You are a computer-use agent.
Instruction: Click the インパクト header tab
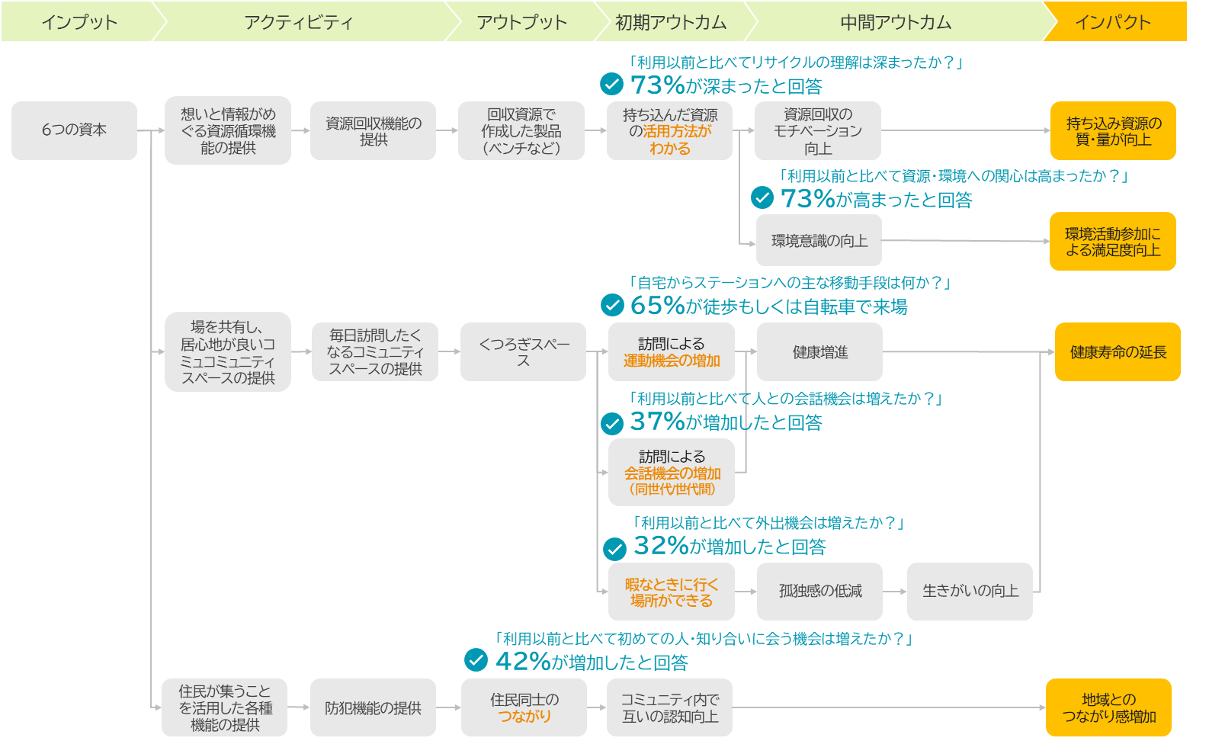tap(1115, 21)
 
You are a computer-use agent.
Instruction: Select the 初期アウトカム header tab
tap(671, 21)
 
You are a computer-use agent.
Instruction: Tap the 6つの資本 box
tap(74, 130)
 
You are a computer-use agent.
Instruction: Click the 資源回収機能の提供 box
tap(373, 130)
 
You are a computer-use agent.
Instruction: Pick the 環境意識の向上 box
tap(819, 240)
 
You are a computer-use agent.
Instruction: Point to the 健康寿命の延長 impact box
tap(1118, 352)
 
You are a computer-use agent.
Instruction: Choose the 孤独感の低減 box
tap(820, 592)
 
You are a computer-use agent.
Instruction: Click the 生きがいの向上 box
tap(970, 592)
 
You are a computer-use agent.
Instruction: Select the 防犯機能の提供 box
tap(373, 707)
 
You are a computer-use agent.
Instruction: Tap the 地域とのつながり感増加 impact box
tap(1108, 707)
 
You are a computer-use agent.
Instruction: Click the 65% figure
tap(658, 306)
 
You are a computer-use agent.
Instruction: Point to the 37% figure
tap(658, 422)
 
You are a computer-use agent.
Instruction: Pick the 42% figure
tap(523, 662)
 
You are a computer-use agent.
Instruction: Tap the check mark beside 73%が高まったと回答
tap(762, 197)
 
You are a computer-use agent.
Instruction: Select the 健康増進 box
tap(820, 352)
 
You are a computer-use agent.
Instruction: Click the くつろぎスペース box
tap(523, 352)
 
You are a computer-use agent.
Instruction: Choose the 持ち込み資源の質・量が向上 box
tap(1113, 130)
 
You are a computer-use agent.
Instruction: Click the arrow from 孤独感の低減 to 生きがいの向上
tap(895, 592)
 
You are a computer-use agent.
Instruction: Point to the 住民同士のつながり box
tap(524, 707)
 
